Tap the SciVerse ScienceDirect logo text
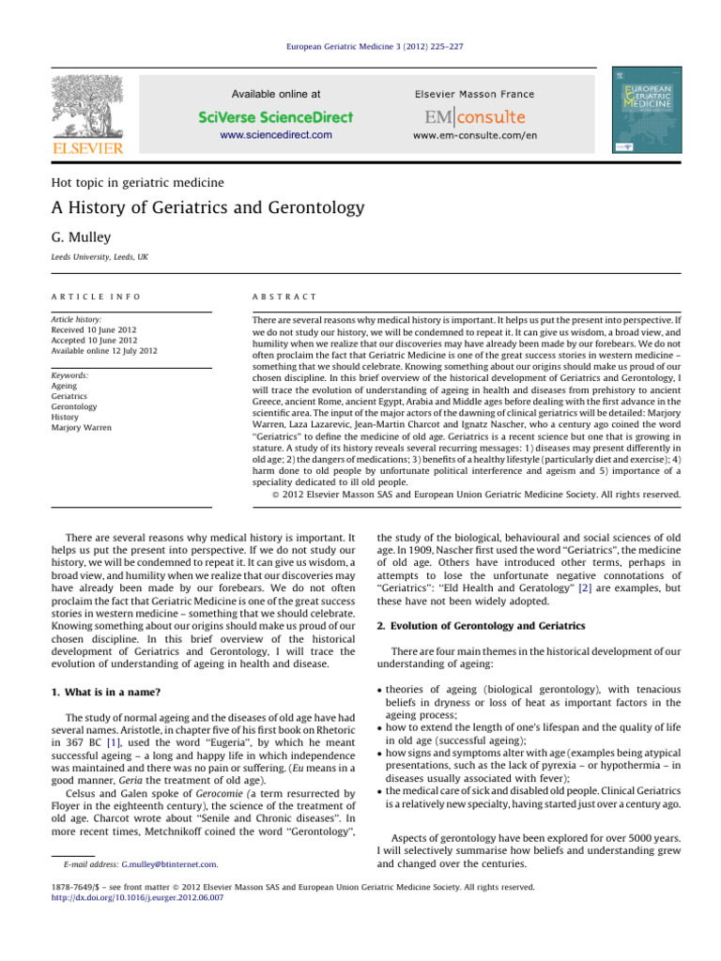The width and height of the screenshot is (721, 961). click(x=276, y=117)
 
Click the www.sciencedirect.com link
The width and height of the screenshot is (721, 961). click(x=276, y=135)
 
